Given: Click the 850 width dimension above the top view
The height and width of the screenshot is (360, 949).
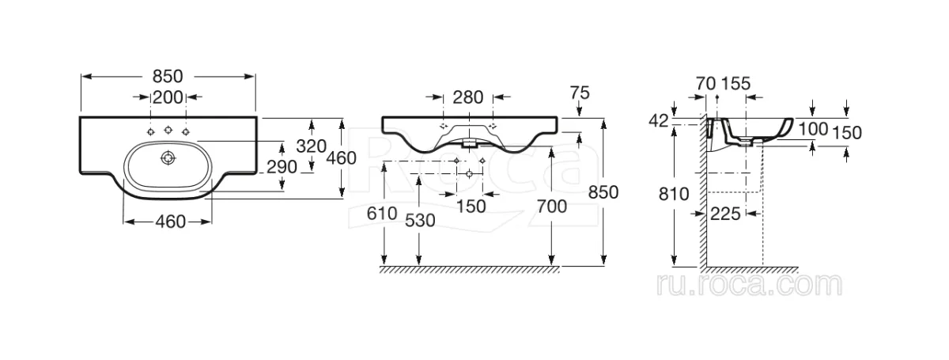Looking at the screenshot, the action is (168, 76).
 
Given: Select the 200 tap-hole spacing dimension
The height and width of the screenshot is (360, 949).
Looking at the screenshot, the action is (168, 97).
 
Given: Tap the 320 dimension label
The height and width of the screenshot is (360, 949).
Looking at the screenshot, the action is (312, 146).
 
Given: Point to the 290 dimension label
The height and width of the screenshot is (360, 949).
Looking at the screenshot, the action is (282, 167).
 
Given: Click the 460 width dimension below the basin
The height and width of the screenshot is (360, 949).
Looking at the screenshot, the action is (170, 222).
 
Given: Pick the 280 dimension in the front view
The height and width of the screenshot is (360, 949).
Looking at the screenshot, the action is (468, 97).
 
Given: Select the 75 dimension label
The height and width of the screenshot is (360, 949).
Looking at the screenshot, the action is (580, 93).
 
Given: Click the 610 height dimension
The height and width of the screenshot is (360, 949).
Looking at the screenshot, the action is (382, 214).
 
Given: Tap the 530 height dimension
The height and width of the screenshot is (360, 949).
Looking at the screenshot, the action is (420, 221).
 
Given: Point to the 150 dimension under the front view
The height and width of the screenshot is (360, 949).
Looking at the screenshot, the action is (471, 207).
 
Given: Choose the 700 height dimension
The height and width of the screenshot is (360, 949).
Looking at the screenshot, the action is (552, 207).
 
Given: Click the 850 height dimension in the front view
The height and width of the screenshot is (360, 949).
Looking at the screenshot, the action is (603, 192).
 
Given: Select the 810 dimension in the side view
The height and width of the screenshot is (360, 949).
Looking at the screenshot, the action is (674, 194).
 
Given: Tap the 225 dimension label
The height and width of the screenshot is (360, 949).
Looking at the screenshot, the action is (725, 214).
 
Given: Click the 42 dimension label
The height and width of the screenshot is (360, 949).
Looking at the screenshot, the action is (659, 121).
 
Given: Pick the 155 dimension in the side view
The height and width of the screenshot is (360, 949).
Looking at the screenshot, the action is (736, 84).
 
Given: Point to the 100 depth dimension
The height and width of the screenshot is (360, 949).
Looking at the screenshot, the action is (813, 129).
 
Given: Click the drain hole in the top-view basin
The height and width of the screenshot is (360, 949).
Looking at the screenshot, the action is (168, 158).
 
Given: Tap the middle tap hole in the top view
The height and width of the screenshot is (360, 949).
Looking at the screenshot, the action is (168, 129).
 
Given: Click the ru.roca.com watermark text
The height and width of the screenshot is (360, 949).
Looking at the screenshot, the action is (749, 285).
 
